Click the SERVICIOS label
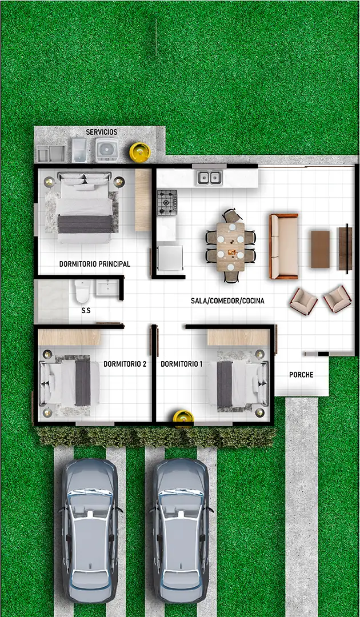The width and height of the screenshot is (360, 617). [102, 132]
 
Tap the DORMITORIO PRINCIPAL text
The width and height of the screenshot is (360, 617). [95, 264]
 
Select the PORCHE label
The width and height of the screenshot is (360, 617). [301, 375]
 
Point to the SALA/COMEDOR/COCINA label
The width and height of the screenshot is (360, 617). [227, 301]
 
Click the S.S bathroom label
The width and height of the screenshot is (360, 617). [86, 310]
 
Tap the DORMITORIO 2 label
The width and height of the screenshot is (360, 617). [125, 364]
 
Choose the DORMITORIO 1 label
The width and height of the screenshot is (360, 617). [181, 364]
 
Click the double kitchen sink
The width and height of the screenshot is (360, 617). [209, 178]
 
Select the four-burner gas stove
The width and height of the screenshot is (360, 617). [167, 202]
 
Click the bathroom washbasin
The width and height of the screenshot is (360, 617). [107, 287]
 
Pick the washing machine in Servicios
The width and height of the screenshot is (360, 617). [107, 150]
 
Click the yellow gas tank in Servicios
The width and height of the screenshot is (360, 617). [140, 151]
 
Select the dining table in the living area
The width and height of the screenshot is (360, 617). [230, 247]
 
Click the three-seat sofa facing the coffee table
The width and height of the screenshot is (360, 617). [283, 246]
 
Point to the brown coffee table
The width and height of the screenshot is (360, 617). [320, 250]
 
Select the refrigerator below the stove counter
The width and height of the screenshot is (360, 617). [170, 258]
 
